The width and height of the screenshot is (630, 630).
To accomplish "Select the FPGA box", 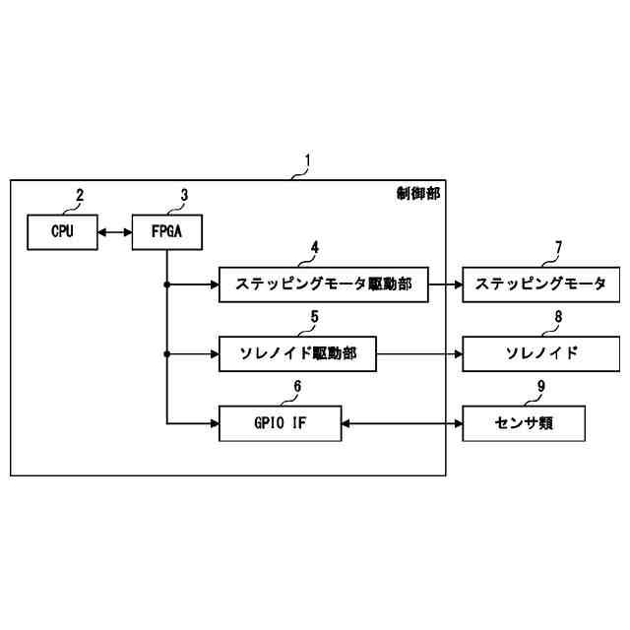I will pos(164,233).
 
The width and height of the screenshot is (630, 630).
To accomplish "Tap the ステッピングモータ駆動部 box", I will pos(325,284).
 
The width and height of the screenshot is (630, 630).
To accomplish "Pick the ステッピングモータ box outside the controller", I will pos(540,284).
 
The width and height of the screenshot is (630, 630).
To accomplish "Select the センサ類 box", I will pos(525,424).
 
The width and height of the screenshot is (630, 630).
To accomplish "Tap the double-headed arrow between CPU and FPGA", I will pos(115,233).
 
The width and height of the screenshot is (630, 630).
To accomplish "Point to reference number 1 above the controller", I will pos(307,159).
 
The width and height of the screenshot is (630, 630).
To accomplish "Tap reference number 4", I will pos(314,248).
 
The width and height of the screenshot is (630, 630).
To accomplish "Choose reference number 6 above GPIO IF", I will pos(298,388).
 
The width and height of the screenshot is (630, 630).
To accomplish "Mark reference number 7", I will pos(558,248).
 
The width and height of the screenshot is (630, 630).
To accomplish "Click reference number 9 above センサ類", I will pos(541,388).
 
